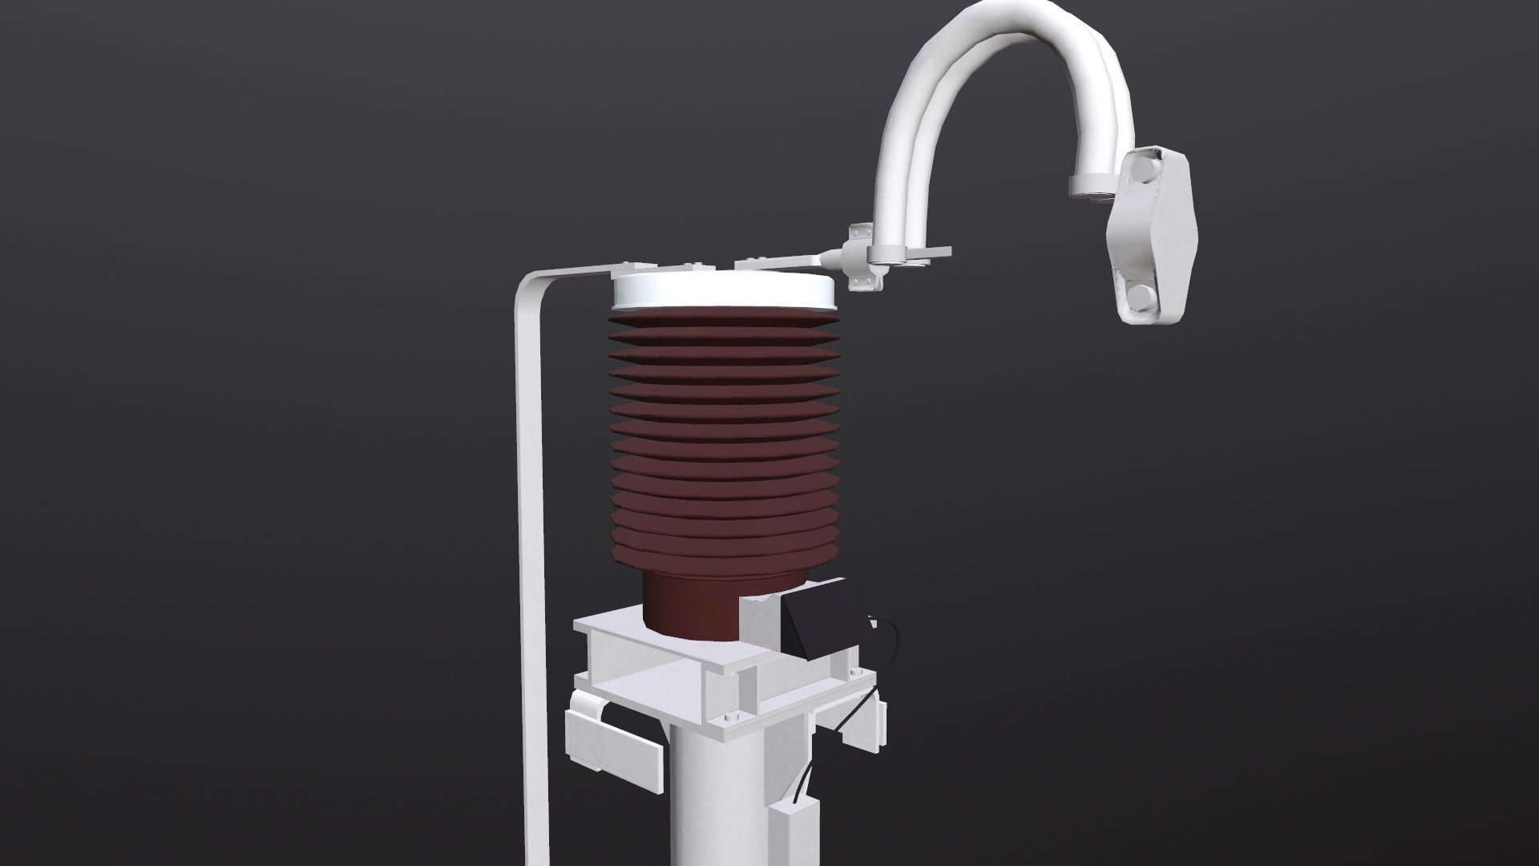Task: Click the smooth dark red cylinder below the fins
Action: point(689,605)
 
